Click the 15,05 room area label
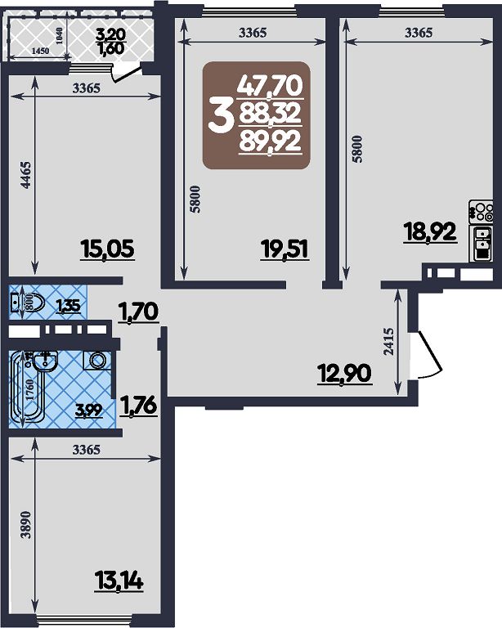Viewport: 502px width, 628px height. (107, 249)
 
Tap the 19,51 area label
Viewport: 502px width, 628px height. (285, 249)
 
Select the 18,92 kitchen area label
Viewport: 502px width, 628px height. (430, 231)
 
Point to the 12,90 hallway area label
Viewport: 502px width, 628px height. (345, 373)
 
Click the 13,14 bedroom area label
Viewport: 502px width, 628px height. (119, 581)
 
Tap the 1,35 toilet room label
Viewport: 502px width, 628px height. (69, 306)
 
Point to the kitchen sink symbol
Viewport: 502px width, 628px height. (482, 244)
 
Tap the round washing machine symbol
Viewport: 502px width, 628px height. (96, 361)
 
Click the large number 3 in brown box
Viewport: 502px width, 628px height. (220, 116)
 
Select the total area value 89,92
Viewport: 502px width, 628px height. (271, 142)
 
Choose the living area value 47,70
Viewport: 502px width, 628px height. (271, 86)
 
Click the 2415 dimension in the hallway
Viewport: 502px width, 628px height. (388, 341)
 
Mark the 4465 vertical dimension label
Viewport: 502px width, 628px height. (25, 175)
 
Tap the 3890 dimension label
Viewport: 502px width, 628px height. (26, 525)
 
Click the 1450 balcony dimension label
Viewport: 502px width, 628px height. (40, 51)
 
